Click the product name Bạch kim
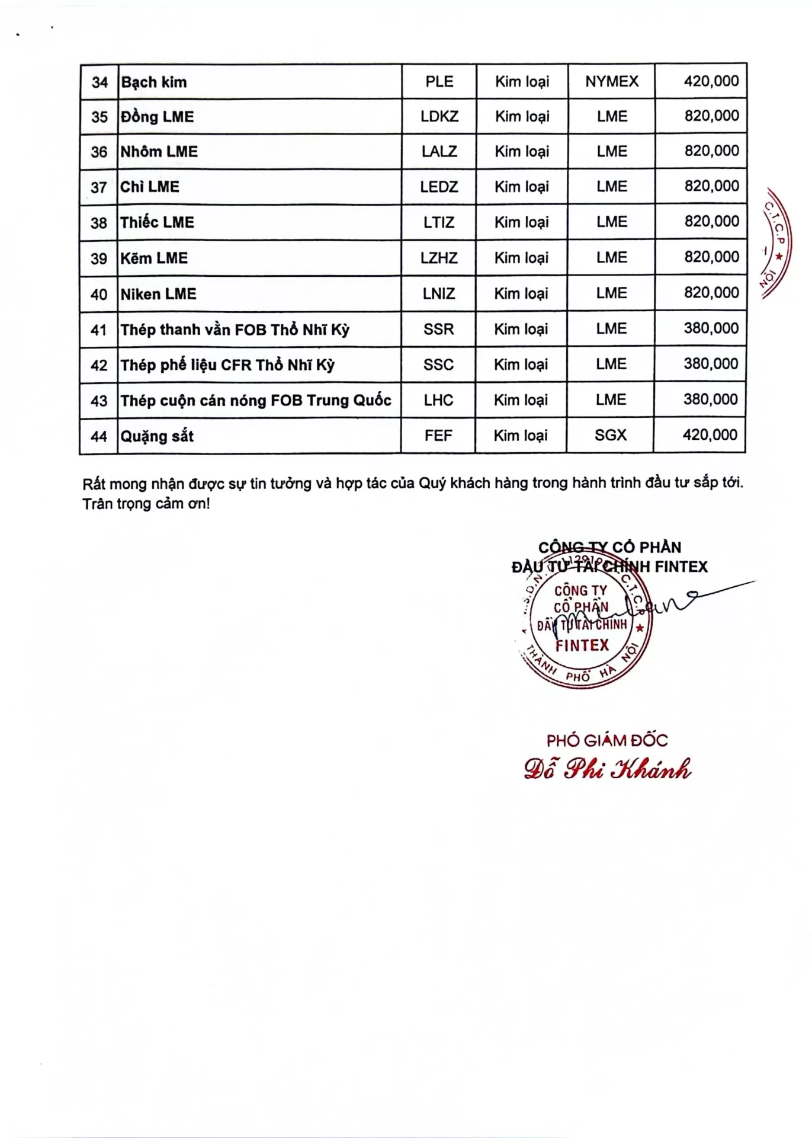(x=154, y=82)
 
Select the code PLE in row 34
(x=439, y=81)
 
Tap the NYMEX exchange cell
(x=612, y=81)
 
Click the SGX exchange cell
(x=611, y=435)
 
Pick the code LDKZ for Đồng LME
(x=439, y=116)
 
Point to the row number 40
(x=99, y=295)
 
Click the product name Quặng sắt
(x=158, y=436)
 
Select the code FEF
(x=438, y=436)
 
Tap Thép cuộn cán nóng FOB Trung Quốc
(x=256, y=401)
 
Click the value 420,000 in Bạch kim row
(x=711, y=81)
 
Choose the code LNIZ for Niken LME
(x=439, y=293)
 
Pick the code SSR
(x=439, y=329)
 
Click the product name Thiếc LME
(x=158, y=222)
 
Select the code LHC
(x=438, y=400)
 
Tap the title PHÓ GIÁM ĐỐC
(x=607, y=740)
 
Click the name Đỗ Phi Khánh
(x=608, y=769)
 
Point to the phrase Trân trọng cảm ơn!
(x=146, y=504)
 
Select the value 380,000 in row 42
(x=711, y=364)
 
